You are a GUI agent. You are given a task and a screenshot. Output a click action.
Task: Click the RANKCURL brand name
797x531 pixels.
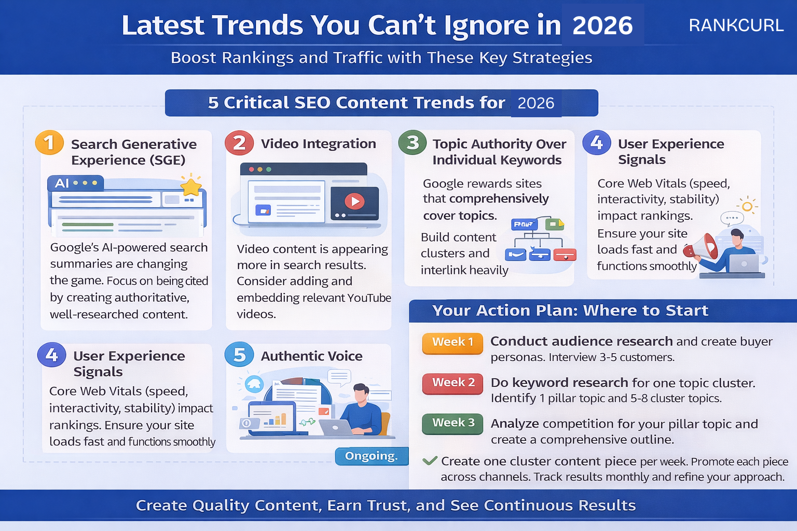click(736, 25)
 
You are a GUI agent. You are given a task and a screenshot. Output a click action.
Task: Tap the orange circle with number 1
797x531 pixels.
click(49, 143)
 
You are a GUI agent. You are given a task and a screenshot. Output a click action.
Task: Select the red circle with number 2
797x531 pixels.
click(239, 143)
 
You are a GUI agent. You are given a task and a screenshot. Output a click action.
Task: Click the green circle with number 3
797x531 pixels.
click(413, 143)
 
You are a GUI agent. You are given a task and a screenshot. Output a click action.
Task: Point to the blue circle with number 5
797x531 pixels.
click(239, 355)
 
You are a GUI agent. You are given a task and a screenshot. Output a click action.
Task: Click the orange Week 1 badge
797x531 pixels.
click(452, 343)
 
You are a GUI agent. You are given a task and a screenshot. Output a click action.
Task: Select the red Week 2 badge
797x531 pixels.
click(452, 383)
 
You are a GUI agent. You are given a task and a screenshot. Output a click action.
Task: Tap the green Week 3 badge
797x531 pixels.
click(452, 423)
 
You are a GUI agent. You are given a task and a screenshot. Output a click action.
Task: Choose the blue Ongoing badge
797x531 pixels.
click(372, 456)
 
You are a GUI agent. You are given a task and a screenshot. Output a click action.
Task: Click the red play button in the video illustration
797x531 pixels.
click(355, 201)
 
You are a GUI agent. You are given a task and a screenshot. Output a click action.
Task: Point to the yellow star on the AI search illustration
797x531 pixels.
click(191, 186)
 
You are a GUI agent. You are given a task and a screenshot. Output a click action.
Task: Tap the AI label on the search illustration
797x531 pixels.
click(62, 183)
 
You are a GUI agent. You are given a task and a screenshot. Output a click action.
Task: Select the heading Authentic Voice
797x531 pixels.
click(311, 356)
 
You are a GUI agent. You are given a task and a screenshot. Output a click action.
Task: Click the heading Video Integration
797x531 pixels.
click(318, 144)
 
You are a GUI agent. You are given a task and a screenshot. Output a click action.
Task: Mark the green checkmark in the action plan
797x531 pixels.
click(430, 460)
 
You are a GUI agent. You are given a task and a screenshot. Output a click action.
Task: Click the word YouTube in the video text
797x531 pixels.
click(369, 298)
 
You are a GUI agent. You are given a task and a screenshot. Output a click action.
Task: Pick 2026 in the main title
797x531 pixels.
click(602, 25)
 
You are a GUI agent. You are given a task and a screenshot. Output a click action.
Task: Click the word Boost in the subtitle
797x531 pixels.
click(193, 58)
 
